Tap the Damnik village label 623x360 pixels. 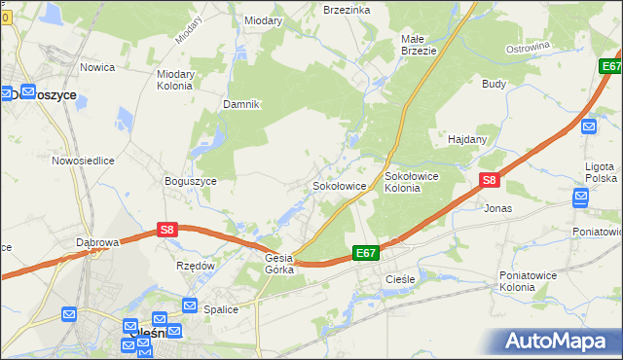coord(240,104)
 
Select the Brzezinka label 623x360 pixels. coord(347,9)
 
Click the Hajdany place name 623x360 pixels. coord(467,139)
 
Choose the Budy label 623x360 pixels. coord(494,84)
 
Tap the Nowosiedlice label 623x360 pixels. coord(84,161)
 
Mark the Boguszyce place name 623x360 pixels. coord(189,180)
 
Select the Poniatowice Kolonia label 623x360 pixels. coord(531,281)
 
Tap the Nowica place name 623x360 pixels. coord(98,67)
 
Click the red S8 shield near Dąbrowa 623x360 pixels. coord(167,230)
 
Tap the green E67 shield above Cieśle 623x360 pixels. coord(365,253)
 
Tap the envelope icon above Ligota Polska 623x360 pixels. coord(588,126)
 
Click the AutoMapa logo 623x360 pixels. coord(558,342)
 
